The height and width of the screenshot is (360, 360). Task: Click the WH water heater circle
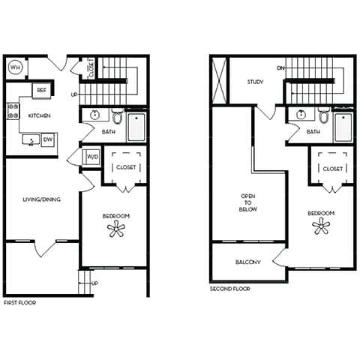16,67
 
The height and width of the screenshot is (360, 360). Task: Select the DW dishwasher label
47,139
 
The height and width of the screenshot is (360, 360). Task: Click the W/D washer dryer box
92,157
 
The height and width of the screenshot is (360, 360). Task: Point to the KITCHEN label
39,117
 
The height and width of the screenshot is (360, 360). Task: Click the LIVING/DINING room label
42,199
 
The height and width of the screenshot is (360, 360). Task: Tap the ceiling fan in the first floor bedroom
118,229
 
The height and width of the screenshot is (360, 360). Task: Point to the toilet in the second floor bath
324,117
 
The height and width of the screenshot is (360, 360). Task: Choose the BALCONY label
247,262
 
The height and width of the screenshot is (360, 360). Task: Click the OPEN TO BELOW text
248,202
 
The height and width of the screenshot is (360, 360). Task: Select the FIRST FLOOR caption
19,302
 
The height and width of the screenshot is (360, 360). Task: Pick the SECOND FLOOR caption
230,288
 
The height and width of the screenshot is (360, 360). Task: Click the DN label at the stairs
280,68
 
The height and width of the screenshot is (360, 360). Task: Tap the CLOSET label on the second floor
333,169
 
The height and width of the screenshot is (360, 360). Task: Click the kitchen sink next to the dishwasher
31,139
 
